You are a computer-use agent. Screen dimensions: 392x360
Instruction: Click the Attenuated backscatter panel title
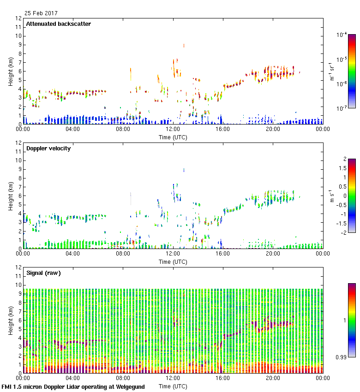pos(58,24)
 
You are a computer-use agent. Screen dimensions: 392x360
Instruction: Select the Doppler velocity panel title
pos(48,148)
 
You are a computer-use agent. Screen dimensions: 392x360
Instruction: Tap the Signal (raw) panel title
pos(43,273)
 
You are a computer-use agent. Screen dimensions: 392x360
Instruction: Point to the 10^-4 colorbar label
pos(342,35)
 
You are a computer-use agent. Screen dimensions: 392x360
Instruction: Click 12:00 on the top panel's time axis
pos(173,129)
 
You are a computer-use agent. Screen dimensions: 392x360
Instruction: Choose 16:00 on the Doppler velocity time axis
pos(223,254)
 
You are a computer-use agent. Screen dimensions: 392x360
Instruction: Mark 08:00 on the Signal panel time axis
pos(123,378)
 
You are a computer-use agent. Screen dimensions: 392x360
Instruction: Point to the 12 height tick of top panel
pos(19,18)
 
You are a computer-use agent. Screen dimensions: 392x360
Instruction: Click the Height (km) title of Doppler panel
pos(11,196)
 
